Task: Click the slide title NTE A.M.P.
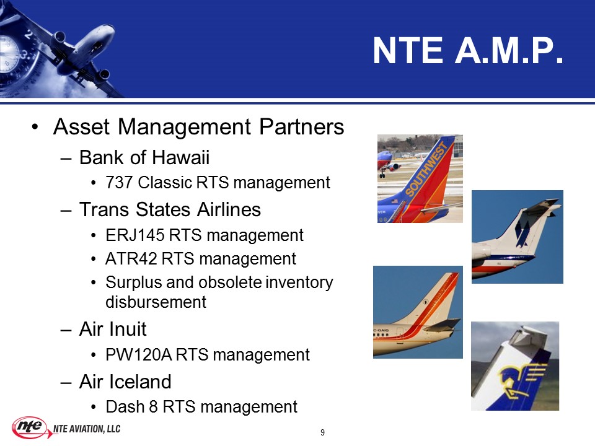coord(467,51)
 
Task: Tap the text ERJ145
coord(134,235)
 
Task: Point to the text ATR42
coord(131,259)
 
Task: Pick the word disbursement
coord(156,302)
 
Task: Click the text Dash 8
coord(131,407)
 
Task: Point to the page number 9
coord(322,432)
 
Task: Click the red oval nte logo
coord(30,427)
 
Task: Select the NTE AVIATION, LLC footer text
coord(87,429)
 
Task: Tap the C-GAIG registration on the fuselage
coord(382,331)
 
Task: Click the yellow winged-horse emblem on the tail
coord(522,380)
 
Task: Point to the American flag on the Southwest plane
coord(395,201)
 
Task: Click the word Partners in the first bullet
coord(302,126)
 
